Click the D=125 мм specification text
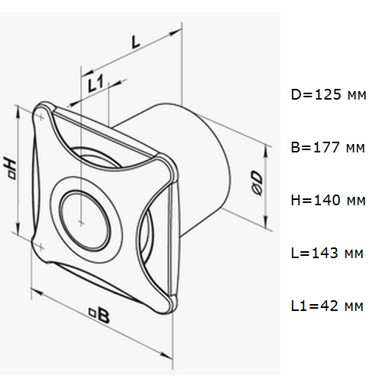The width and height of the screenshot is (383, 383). click(329, 94)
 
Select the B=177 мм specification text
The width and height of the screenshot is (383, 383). click(328, 147)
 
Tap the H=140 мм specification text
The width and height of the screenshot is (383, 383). click(328, 200)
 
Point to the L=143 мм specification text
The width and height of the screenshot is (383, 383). click(327, 253)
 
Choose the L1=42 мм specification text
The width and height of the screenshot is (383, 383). click(327, 306)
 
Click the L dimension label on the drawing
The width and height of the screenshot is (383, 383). click(136, 42)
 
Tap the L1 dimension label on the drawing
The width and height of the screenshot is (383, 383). click(96, 83)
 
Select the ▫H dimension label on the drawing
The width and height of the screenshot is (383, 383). click(11, 169)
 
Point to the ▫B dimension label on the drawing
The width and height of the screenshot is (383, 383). click(100, 316)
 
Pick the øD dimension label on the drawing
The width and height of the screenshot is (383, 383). click(257, 184)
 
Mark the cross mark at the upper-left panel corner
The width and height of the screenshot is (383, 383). click(41, 118)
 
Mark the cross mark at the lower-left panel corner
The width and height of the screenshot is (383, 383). click(41, 247)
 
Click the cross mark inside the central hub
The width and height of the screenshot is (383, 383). click(80, 223)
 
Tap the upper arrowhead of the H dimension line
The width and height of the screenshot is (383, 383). click(18, 113)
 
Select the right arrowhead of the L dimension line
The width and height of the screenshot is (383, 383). click(175, 33)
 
